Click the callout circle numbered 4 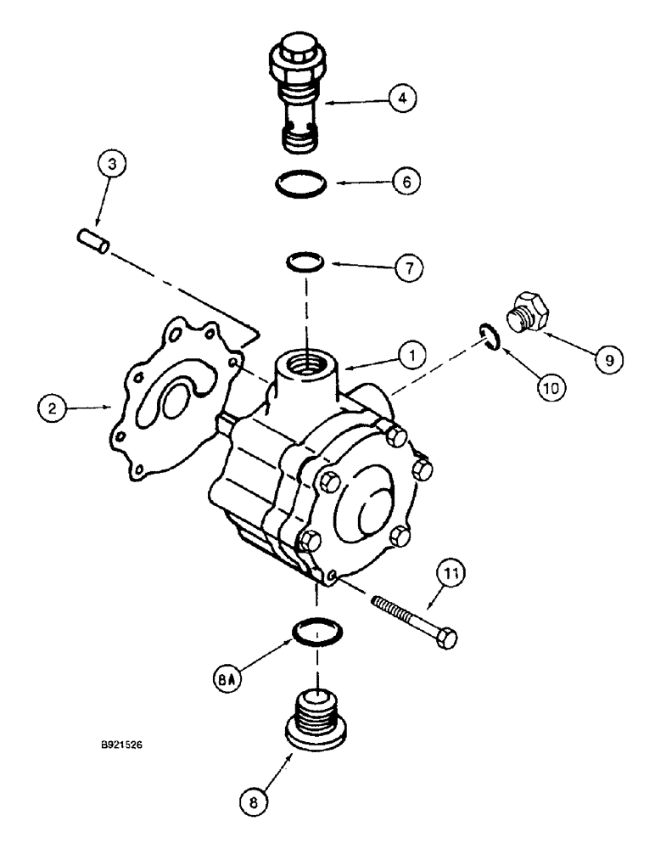[x=401, y=99]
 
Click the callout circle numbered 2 [x=52, y=408]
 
